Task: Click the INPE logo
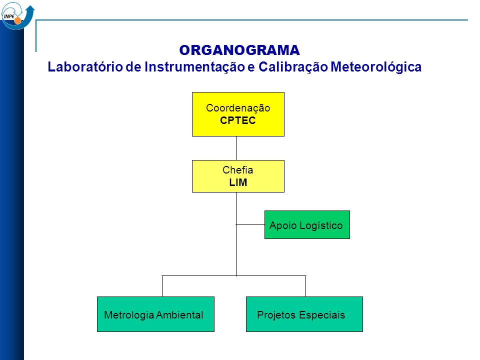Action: pos(18,15)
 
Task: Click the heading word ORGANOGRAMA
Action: pos(239,50)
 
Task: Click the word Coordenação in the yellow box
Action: pos(238,108)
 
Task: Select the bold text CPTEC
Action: pos(238,120)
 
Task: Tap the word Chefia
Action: pos(238,170)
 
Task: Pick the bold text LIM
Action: pos(238,182)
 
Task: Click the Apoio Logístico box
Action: pos(307,224)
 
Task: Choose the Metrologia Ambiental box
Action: pos(155,314)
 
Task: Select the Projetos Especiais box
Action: pos(304,314)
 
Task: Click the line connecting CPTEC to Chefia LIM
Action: pos(236,148)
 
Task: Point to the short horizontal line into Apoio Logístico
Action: pos(250,224)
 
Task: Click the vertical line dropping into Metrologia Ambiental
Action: pos(162,286)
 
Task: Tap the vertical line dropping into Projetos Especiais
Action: pos(305,286)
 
